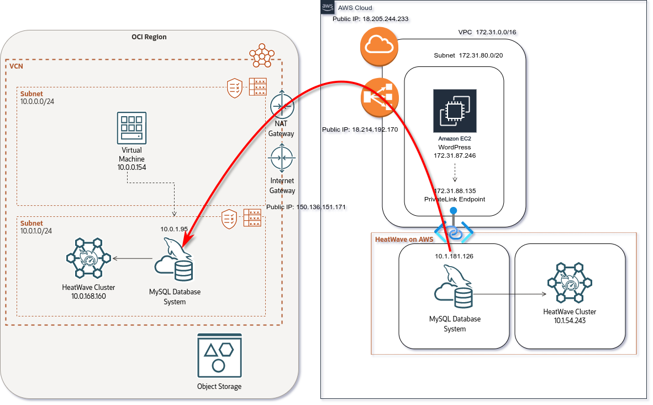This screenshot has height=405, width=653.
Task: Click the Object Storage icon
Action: (219, 355)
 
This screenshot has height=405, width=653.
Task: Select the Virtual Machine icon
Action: (132, 128)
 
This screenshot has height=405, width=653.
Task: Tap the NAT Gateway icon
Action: (282, 106)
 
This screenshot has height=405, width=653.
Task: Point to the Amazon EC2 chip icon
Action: (455, 111)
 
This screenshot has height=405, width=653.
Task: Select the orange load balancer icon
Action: (379, 98)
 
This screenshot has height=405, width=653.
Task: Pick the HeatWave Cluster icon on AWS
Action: (570, 283)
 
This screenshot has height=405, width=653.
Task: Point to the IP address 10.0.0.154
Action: (131, 167)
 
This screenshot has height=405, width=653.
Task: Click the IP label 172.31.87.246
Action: (455, 156)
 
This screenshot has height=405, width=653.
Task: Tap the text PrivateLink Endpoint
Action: (455, 199)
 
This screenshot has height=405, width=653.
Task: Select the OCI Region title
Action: (149, 37)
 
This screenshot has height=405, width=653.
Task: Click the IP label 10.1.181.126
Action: (454, 256)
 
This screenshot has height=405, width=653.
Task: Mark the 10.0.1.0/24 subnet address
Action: (36, 231)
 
